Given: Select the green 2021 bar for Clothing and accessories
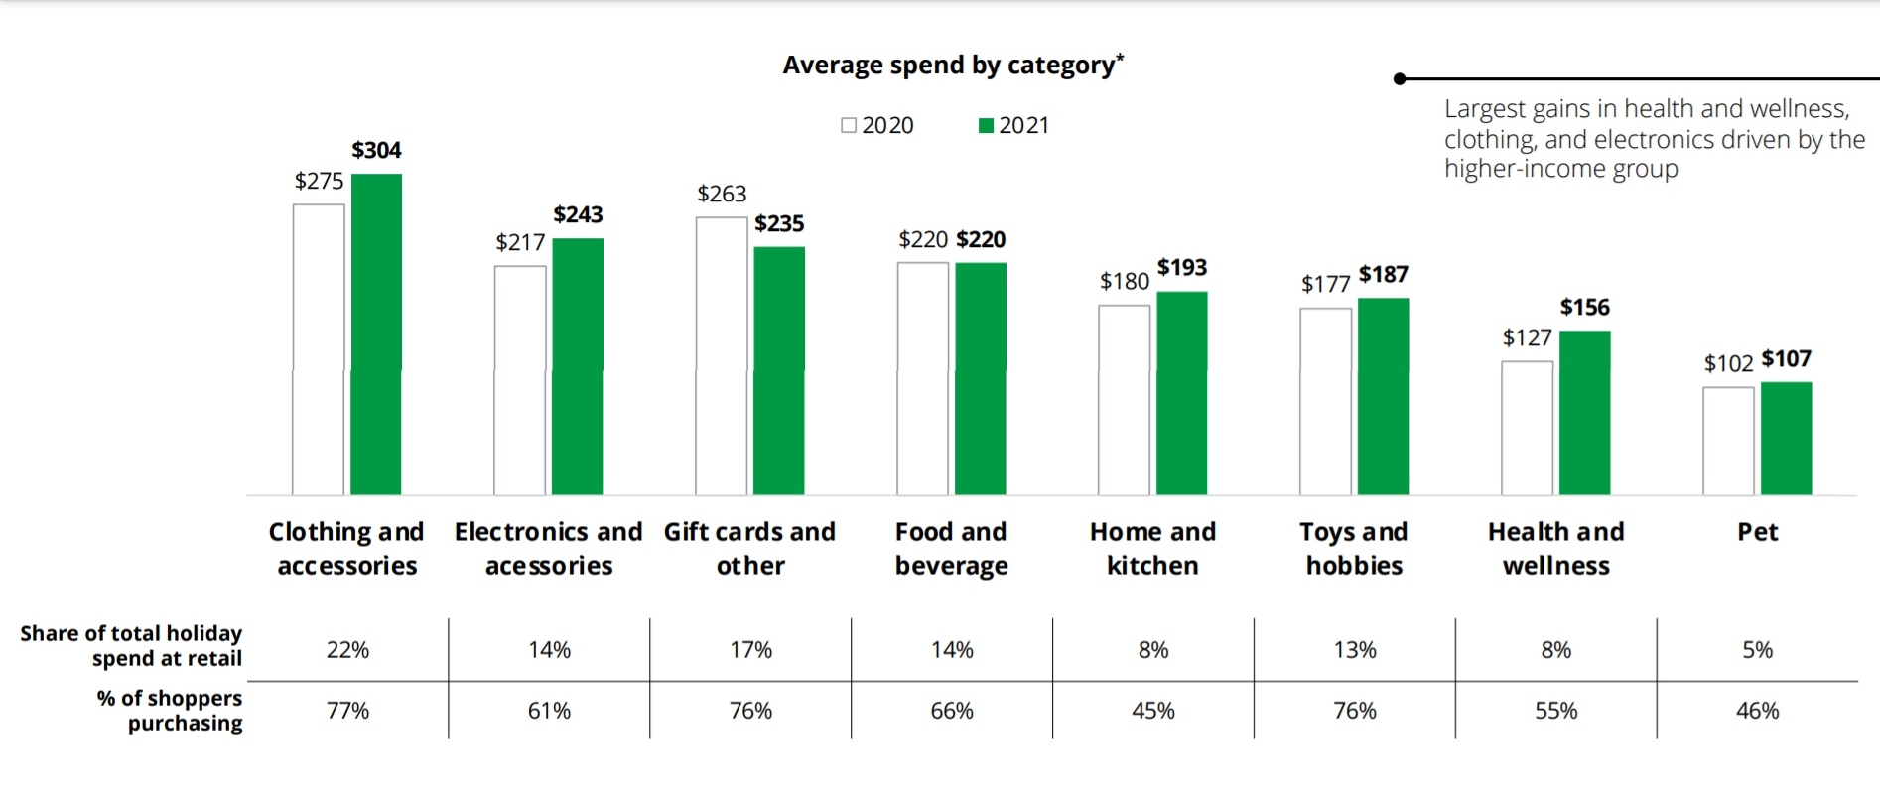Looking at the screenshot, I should pos(376,333).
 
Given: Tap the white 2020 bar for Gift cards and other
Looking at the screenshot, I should pos(722,355).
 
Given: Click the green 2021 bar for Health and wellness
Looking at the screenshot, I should pos(1584,412).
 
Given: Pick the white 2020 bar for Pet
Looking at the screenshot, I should pos(1728,441).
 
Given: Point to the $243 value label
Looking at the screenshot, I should pos(578,214).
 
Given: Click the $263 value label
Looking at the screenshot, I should pos(722,194).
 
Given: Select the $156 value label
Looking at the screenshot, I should pos(1584,307).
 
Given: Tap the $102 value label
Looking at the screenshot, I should pos(1728,363).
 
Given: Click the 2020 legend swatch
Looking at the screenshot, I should pos(849,125).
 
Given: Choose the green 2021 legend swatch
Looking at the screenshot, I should pos(986,125).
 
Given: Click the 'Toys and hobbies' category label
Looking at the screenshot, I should pos(1354,548).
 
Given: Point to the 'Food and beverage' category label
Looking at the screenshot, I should pos(951,548).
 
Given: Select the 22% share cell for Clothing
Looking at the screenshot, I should pos(347,650).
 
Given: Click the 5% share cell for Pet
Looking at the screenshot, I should pos(1757,650).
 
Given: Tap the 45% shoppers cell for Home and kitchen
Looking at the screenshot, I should pos(1153,711).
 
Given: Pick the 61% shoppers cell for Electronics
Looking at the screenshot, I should pos(549,711).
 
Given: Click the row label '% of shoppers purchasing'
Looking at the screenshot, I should pos(170,711).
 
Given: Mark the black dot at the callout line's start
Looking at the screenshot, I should pos(1400,78).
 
